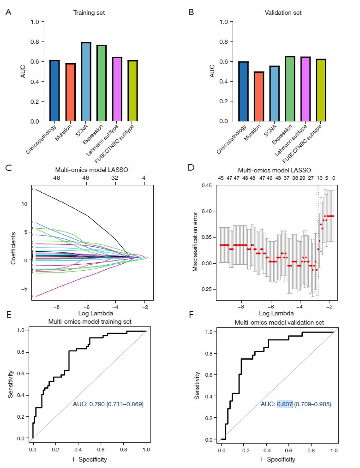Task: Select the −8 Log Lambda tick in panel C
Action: coord(57,305)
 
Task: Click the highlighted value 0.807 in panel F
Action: coord(284,404)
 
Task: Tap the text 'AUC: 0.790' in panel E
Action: coord(91,404)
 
